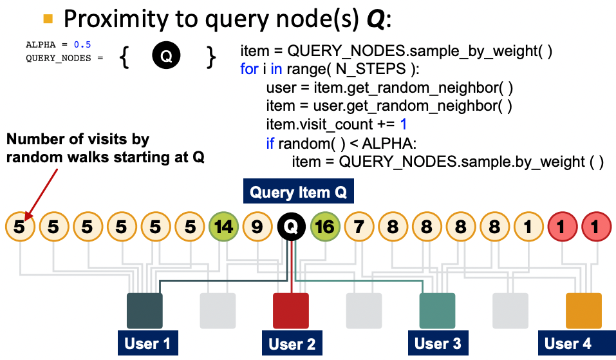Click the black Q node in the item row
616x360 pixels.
291,227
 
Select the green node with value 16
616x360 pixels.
325,227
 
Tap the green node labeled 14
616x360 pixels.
223,227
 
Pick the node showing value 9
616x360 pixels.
257,227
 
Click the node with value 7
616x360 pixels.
359,227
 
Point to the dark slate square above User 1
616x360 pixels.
145,311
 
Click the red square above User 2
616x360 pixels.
291,311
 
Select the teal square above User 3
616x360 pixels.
437,311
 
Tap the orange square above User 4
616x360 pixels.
583,311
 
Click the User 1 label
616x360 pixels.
147,343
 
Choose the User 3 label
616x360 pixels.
438,343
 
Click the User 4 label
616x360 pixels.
568,343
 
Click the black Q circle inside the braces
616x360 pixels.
166,57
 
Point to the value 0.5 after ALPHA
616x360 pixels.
83,44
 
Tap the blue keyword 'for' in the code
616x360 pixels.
249,69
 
